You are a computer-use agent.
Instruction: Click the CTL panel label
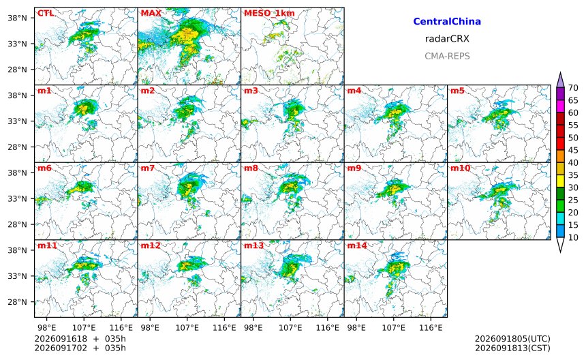pos(45,14)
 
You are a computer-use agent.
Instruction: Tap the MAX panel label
pos(151,14)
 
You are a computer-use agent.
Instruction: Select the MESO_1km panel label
pos(269,14)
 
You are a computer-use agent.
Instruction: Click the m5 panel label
pos(457,91)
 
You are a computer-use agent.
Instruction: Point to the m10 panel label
pos(460,168)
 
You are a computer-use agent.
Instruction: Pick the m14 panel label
pos(357,245)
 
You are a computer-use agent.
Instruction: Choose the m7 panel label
pos(148,168)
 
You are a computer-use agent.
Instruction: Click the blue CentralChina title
pos(447,22)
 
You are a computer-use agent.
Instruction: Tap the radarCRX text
pos(447,39)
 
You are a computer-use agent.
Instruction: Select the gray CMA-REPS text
pos(447,56)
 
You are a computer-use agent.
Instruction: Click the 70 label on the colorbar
pos(573,88)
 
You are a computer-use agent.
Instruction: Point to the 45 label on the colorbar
pos(573,150)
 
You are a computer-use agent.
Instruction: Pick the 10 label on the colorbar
pos(573,237)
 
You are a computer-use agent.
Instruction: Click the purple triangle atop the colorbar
pos(560,80)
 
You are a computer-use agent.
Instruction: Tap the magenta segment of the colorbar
pos(560,106)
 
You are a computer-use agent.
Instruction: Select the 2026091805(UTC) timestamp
pos(512,339)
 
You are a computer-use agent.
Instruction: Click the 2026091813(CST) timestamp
pos(512,348)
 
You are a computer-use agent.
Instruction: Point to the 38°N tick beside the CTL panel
pos(18,18)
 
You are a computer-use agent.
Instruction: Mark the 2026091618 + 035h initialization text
pos(80,339)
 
